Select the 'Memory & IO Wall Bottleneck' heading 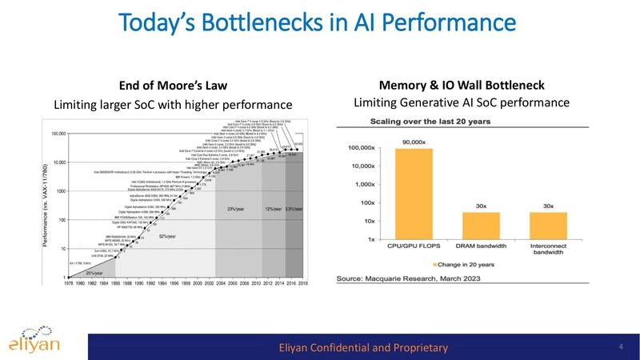(x=461, y=85)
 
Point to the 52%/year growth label (x=168, y=237)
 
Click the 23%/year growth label (x=235, y=210)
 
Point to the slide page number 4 (x=621, y=346)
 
